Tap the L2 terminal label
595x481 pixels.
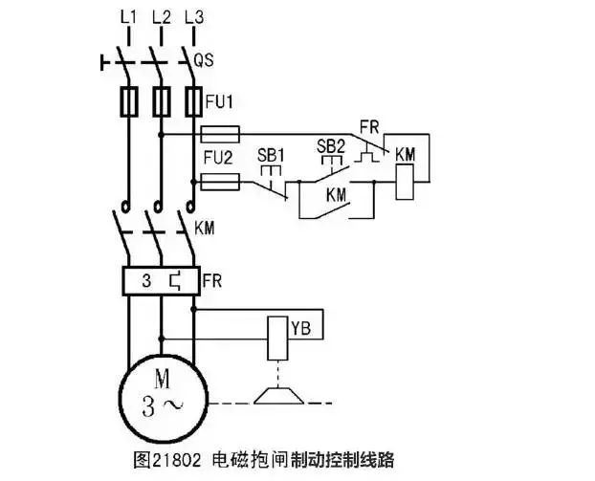(x=163, y=16)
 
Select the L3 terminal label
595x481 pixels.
(x=195, y=16)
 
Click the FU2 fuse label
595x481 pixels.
(x=216, y=155)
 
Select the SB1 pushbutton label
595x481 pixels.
(x=271, y=154)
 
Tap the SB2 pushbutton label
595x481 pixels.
(x=329, y=145)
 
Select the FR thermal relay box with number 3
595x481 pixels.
(x=160, y=281)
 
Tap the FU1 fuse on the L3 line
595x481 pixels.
(x=193, y=100)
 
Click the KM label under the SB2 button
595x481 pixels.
(x=336, y=194)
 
